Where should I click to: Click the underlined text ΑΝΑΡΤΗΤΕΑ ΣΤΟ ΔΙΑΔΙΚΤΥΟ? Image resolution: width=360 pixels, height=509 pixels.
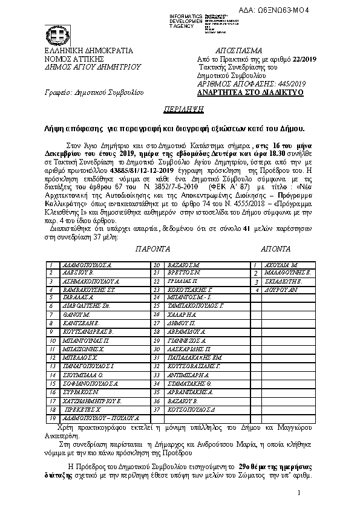tap(250, 93)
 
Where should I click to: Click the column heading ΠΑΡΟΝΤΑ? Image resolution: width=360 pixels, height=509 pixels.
tap(152, 249)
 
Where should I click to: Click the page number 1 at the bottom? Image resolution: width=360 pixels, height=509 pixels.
tap(298, 494)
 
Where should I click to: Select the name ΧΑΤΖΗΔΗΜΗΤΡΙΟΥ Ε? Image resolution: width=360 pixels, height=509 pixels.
tap(93, 401)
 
